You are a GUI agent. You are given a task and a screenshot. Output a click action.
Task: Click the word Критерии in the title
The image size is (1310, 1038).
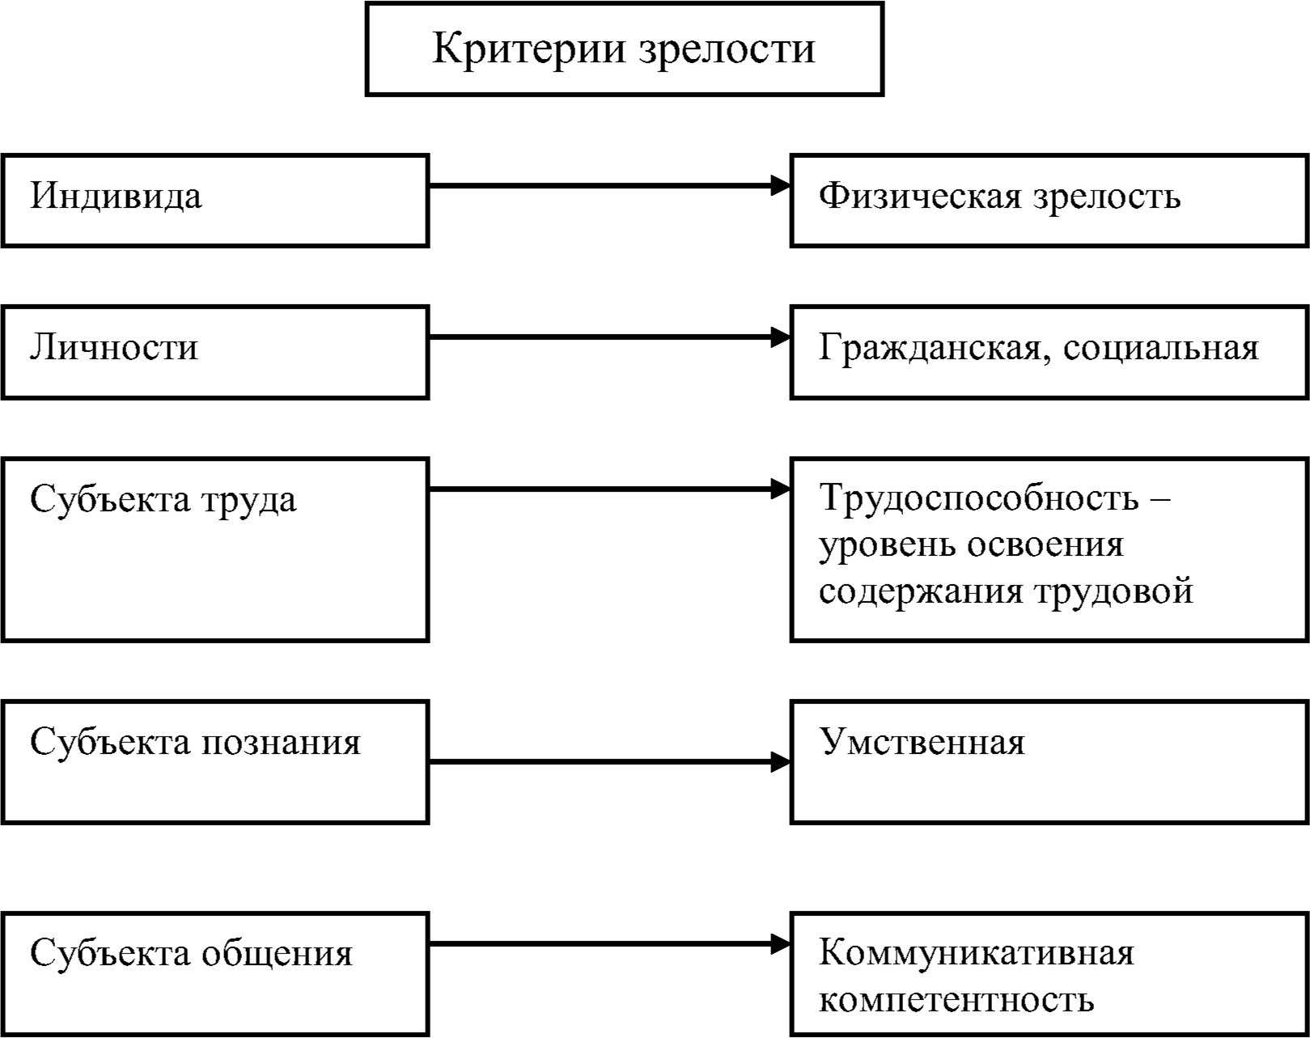pyautogui.click(x=528, y=49)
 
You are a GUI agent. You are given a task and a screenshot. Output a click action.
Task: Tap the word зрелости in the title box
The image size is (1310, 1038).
pyautogui.click(x=727, y=51)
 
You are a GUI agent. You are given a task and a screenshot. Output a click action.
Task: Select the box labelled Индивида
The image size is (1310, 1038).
pyautogui.click(x=215, y=201)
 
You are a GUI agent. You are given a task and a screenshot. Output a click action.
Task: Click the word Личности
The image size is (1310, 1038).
pyautogui.click(x=114, y=348)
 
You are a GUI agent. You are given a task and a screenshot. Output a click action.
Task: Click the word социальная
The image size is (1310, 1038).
pyautogui.click(x=1161, y=349)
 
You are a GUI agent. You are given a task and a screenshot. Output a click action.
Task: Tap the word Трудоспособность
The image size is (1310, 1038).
pyautogui.click(x=978, y=498)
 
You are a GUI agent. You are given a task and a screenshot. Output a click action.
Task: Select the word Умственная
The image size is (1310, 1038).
pyautogui.click(x=922, y=742)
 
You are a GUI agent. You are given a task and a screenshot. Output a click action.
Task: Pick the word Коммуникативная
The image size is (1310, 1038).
pyautogui.click(x=976, y=953)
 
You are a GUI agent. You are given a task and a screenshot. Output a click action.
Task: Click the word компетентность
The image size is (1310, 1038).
pyautogui.click(x=956, y=1000)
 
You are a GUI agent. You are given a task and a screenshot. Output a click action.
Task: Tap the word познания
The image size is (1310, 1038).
pyautogui.click(x=281, y=744)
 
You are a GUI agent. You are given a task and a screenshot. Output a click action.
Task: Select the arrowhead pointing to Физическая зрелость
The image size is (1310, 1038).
pyautogui.click(x=780, y=185)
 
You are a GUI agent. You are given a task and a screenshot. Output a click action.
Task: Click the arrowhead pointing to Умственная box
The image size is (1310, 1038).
pyautogui.click(x=780, y=761)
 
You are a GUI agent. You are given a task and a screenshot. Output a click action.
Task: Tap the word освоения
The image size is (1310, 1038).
pyautogui.click(x=1045, y=544)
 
